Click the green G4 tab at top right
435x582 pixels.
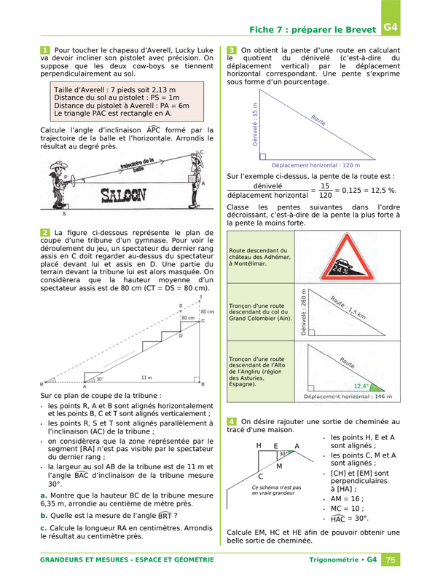click(391, 17)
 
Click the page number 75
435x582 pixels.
click(391, 559)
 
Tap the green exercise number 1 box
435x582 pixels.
click(45, 50)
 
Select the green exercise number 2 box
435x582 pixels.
click(45, 233)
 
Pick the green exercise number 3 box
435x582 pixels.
click(231, 50)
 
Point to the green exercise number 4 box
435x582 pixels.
click(231, 422)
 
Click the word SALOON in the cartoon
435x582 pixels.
click(123, 195)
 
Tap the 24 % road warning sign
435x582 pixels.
click(347, 257)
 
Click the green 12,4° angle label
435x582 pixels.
click(361, 386)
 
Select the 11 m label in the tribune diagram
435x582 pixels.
click(146, 378)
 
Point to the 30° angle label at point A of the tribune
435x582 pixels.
click(100, 379)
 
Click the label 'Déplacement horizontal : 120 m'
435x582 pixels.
click(316, 166)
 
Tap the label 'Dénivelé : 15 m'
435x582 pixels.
click(255, 124)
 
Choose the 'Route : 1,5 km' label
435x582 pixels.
click(348, 308)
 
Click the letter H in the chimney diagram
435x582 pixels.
click(259, 445)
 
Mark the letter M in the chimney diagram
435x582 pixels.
click(279, 466)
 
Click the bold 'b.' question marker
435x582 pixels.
click(44, 516)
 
